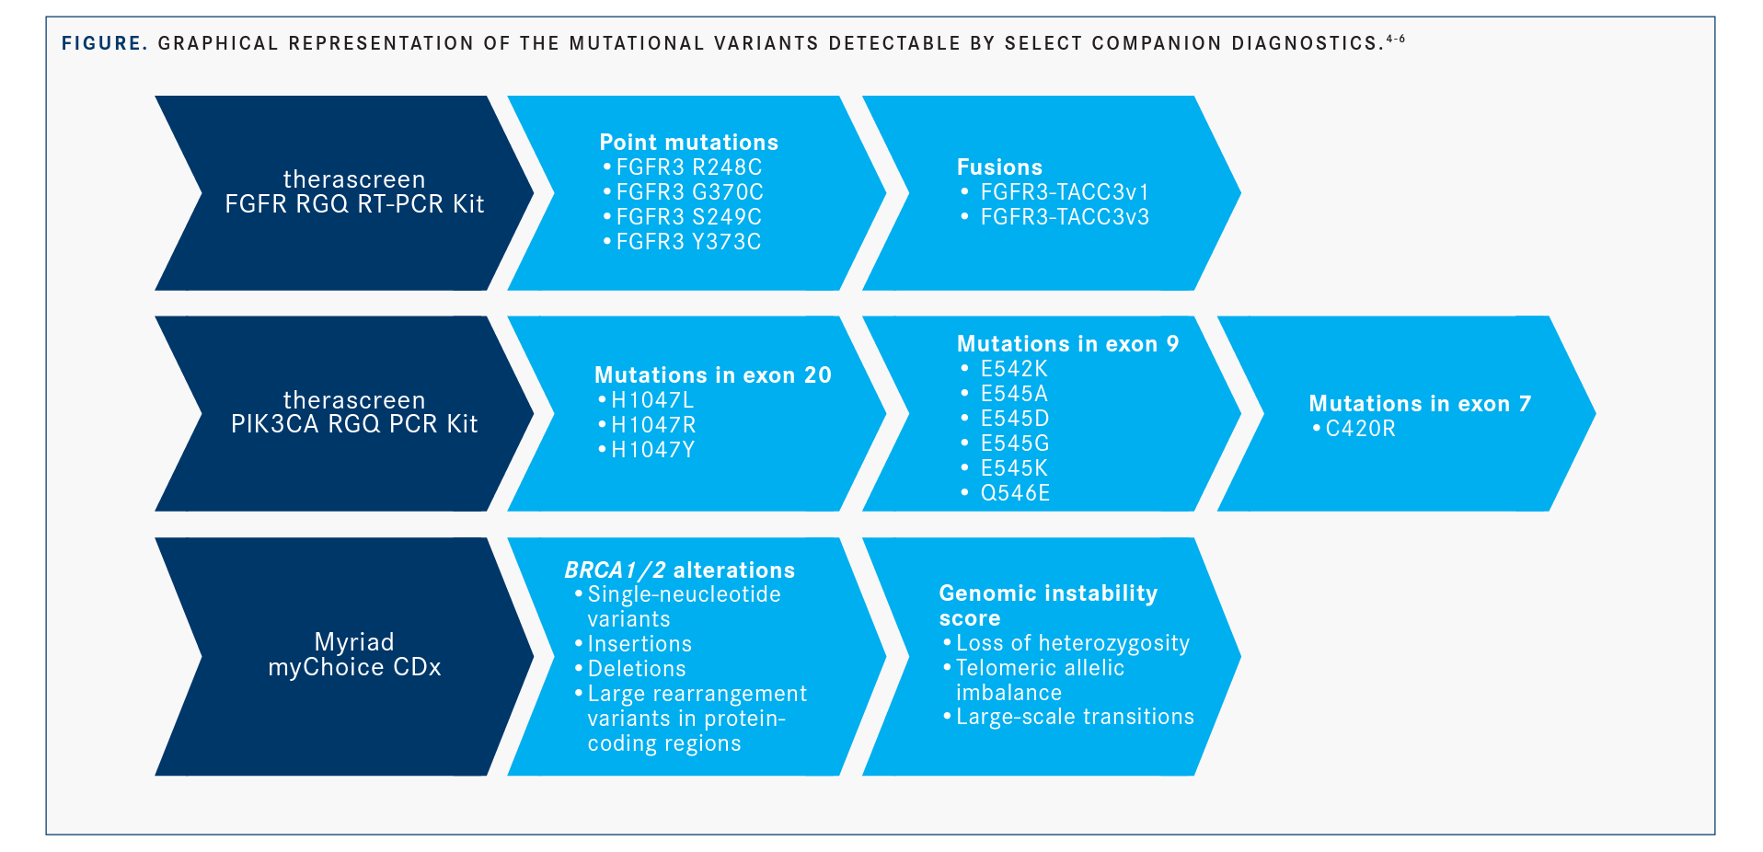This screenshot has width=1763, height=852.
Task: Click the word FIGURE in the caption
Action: [103, 43]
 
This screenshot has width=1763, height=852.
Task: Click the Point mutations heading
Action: [688, 143]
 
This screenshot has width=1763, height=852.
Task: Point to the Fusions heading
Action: [999, 167]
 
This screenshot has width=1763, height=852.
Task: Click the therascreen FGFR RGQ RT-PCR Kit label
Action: [354, 191]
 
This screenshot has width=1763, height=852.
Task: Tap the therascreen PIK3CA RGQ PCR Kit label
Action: [354, 412]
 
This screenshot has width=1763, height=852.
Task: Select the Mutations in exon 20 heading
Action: [712, 375]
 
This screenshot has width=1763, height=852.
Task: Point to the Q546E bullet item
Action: [1015, 493]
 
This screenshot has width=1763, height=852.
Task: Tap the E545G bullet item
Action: [1015, 443]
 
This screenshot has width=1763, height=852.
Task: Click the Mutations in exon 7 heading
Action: [1419, 404]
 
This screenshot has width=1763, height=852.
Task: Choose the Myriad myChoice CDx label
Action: [354, 654]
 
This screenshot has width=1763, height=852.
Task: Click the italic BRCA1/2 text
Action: [615, 570]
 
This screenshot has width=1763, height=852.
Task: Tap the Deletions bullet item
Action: [637, 669]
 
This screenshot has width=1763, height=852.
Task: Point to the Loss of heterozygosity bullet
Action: [1072, 643]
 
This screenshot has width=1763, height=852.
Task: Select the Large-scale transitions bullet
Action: [1075, 717]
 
